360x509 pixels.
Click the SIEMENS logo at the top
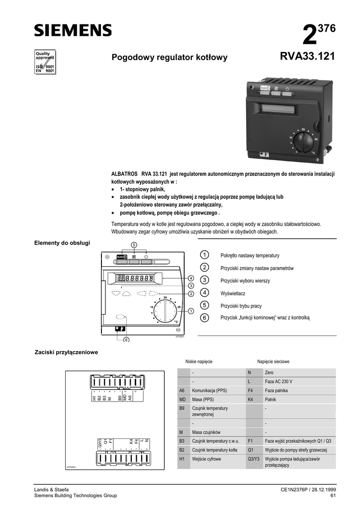click(x=73, y=31)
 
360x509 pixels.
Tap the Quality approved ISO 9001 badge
click(x=44, y=62)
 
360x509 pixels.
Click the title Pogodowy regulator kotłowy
click(x=170, y=58)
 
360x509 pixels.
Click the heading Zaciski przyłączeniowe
click(x=66, y=352)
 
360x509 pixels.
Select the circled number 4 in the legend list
click(x=204, y=293)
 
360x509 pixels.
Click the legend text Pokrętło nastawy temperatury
click(x=250, y=255)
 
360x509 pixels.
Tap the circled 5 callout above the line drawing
click(x=134, y=245)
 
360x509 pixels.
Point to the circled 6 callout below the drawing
click(x=126, y=339)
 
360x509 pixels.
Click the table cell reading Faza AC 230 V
click(x=278, y=381)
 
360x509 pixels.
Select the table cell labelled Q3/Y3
click(x=254, y=459)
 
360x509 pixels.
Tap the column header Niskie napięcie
click(x=199, y=362)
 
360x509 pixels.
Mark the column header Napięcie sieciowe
click(x=273, y=362)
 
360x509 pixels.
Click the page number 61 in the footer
click(x=333, y=496)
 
